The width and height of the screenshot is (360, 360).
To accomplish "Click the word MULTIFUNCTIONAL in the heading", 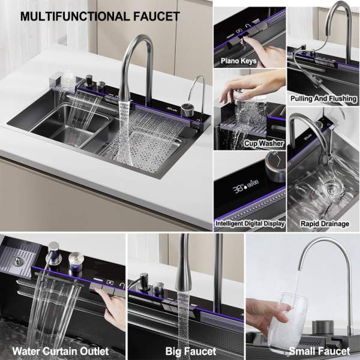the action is coord(75,17).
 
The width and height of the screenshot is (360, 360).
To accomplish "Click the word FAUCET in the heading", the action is coord(157,17).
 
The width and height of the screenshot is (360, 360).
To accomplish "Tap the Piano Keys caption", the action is coord(239,61).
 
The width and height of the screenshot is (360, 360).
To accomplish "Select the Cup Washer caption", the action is coord(264,143).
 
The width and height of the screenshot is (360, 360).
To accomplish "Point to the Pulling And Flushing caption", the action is coord(323,99).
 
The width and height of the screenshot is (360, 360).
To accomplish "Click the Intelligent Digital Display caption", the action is coord(250,223).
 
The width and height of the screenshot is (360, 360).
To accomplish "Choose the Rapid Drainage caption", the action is coord(325,224).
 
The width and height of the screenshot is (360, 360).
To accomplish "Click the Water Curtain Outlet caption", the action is coord(61,351).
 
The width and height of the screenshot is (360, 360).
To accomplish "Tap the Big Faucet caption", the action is coord(191,351).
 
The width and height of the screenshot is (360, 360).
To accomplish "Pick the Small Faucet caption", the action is coord(319,351).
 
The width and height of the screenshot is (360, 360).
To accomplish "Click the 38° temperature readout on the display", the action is coord(239,189).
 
